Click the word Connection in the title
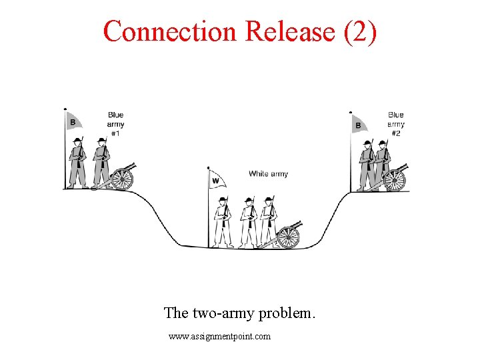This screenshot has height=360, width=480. tap(171, 31)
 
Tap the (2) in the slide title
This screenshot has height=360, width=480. tap(360, 31)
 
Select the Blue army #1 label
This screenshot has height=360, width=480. tap(115, 124)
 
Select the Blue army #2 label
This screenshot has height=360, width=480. tap(396, 124)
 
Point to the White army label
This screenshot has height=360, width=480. tap(268, 174)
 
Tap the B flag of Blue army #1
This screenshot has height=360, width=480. tap(73, 122)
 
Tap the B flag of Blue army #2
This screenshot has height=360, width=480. tap(358, 125)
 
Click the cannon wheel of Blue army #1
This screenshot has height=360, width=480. tap(122, 179)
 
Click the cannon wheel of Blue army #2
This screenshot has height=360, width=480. tap(395, 180)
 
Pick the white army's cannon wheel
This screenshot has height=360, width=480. tap(288, 237)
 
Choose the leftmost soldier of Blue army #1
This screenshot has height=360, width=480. tap(78, 163)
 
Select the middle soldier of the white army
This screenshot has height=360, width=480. tap(248, 221)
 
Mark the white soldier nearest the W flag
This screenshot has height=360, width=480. tap(223, 221)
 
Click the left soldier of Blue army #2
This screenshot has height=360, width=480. tap(366, 165)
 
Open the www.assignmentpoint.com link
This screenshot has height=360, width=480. tap(220, 337)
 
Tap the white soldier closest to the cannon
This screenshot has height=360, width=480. tap(268, 221)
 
